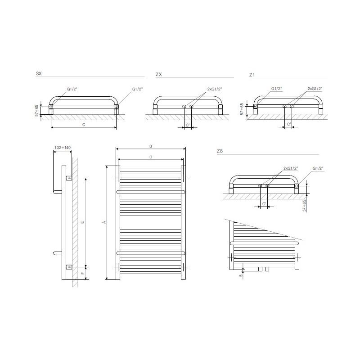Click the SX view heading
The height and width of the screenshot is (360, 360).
pos(39,73)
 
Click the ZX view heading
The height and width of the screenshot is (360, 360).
pos(159,74)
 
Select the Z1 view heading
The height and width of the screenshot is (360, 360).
pos(252,75)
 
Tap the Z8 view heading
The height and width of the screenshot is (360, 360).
pos(220,151)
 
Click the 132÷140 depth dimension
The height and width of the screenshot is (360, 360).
pos(63,148)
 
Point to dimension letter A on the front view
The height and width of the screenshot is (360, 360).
pos(104,222)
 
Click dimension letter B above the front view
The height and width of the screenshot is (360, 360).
pos(151,146)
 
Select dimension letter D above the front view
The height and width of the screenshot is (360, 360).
pos(151,157)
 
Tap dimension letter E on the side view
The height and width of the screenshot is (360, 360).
pos(83,222)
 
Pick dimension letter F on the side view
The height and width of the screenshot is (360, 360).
pos(83,273)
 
